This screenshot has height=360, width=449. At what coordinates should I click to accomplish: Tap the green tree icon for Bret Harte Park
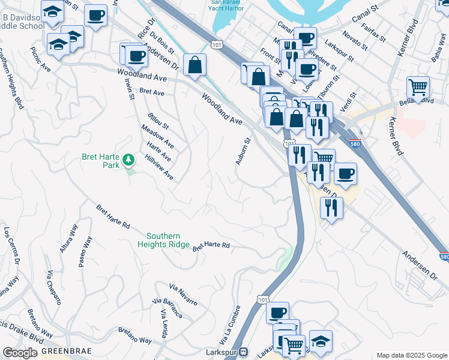pyautogui.click(x=128, y=160)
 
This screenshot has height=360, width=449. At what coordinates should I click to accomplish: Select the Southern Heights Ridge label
pyautogui.click(x=168, y=240)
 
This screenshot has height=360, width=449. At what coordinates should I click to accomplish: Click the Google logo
pyautogui.click(x=20, y=353)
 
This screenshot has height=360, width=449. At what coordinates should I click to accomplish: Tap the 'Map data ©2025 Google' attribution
pyautogui.click(x=411, y=355)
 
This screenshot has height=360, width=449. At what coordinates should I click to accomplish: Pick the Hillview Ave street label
pyautogui.click(x=160, y=167)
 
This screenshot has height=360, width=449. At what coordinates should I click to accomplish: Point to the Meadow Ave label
pyautogui.click(x=158, y=136)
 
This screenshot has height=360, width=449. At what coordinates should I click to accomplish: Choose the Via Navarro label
pyautogui.click(x=183, y=294)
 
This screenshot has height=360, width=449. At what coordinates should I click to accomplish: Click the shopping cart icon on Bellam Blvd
pyautogui.click(x=418, y=86)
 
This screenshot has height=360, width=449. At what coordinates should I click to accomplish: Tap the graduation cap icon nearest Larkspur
pyautogui.click(x=321, y=341)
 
